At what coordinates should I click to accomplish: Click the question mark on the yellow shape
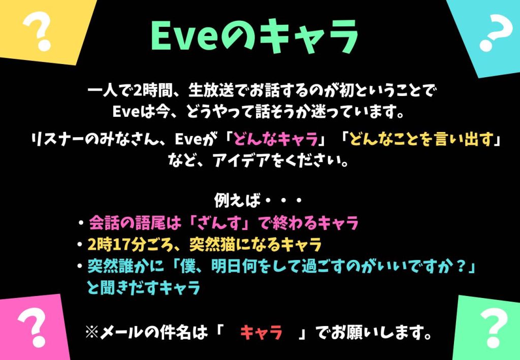[36, 31]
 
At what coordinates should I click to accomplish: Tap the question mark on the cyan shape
[494, 32]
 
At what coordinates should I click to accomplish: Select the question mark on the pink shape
[32, 327]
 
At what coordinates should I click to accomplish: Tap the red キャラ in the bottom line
[262, 332]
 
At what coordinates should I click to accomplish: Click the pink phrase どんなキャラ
[276, 139]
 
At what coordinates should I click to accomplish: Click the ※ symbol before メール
[92, 332]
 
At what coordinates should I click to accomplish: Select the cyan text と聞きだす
[122, 287]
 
